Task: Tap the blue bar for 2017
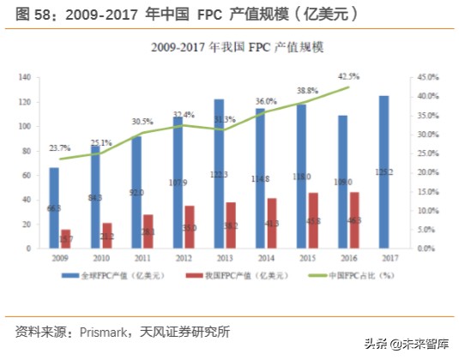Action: pyautogui.click(x=384, y=172)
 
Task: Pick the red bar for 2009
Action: pyautogui.click(x=66, y=239)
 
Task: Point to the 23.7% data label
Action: pyautogui.click(x=59, y=147)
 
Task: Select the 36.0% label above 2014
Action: pyautogui.click(x=266, y=101)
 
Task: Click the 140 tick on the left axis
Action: pyautogui.click(x=24, y=77)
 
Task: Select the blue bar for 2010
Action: pyautogui.click(x=95, y=197)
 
